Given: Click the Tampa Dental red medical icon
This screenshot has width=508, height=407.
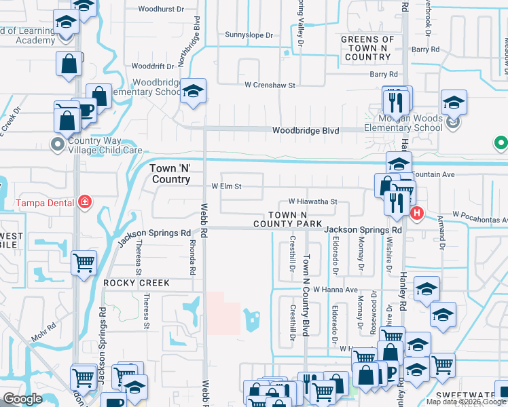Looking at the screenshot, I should tap(84, 201).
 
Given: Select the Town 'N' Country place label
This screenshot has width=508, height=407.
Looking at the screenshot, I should tap(170, 173).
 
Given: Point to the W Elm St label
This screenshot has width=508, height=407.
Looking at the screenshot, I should tap(227, 186).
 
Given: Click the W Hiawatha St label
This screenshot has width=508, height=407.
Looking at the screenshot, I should tap(312, 201).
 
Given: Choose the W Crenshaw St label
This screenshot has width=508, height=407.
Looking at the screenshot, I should tap(270, 85).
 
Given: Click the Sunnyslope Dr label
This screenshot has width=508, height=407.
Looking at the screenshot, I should tap(249, 35).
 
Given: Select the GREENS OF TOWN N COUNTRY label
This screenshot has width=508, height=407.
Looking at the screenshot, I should tap(367, 48).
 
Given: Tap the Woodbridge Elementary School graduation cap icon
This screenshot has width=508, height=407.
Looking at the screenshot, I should tap(194, 91).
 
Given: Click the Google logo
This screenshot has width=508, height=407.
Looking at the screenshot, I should tap(22, 399).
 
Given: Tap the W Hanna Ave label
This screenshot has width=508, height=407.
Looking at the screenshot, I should tap(335, 290).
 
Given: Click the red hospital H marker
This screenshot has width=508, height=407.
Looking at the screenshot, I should tap(417, 212).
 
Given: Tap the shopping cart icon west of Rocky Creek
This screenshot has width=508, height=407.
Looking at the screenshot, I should tap(84, 263).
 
